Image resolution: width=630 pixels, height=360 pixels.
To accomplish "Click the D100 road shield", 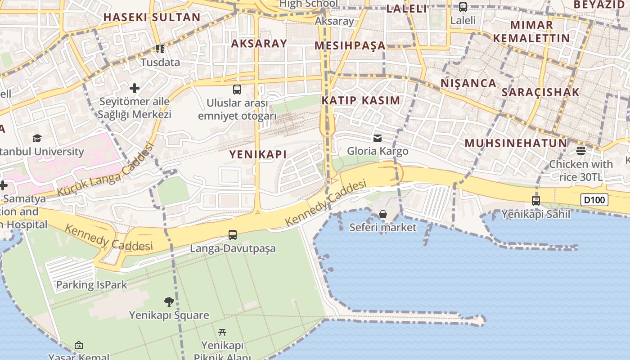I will (x=594, y=200).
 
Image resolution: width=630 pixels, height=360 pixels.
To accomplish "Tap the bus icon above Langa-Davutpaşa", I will (x=232, y=234).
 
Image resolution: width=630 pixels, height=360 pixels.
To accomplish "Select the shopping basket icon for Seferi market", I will (x=382, y=214).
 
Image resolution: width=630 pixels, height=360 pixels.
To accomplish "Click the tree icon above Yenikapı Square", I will (x=169, y=301).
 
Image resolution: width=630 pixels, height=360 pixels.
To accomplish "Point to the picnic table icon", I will (x=222, y=333).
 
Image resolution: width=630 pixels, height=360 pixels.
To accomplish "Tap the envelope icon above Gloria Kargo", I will (x=378, y=138).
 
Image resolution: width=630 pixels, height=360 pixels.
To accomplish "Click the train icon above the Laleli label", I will (x=463, y=7).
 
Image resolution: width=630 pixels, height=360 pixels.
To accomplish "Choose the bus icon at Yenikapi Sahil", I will (x=535, y=200).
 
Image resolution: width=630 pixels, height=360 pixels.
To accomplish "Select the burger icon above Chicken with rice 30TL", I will (x=580, y=150).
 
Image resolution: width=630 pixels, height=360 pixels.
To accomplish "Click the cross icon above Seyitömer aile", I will (x=135, y=88).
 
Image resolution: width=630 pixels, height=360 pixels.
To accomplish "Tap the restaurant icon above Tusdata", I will (x=160, y=49).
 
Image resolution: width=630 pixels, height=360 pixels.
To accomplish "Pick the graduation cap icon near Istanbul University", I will (x=37, y=138).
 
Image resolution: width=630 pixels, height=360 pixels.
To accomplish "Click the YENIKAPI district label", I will (x=258, y=154).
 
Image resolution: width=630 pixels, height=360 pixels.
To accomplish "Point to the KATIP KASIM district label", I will (x=361, y=100).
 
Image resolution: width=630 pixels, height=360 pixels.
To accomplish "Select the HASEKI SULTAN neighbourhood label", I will (x=152, y=18).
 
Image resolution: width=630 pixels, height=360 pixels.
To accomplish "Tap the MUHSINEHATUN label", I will (x=516, y=144).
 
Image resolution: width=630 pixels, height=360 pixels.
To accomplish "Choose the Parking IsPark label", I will (x=91, y=285).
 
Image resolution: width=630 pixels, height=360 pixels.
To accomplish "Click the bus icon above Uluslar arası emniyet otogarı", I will (x=237, y=89).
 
